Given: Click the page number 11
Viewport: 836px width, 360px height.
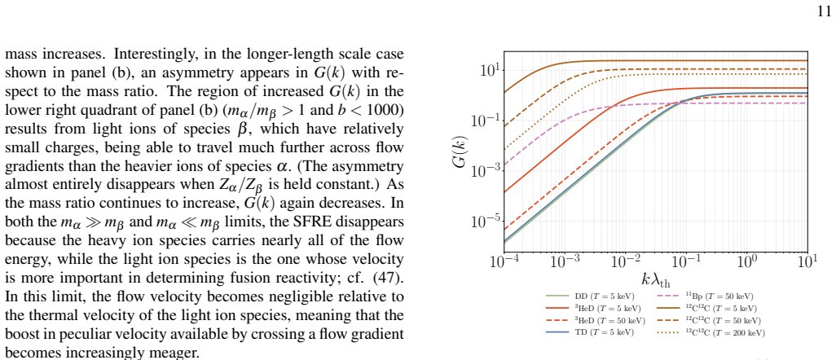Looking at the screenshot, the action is [x=824, y=11].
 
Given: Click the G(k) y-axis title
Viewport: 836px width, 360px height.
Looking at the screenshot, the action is [x=460, y=151].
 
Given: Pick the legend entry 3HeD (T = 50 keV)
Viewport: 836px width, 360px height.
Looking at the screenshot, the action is [x=596, y=321].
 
